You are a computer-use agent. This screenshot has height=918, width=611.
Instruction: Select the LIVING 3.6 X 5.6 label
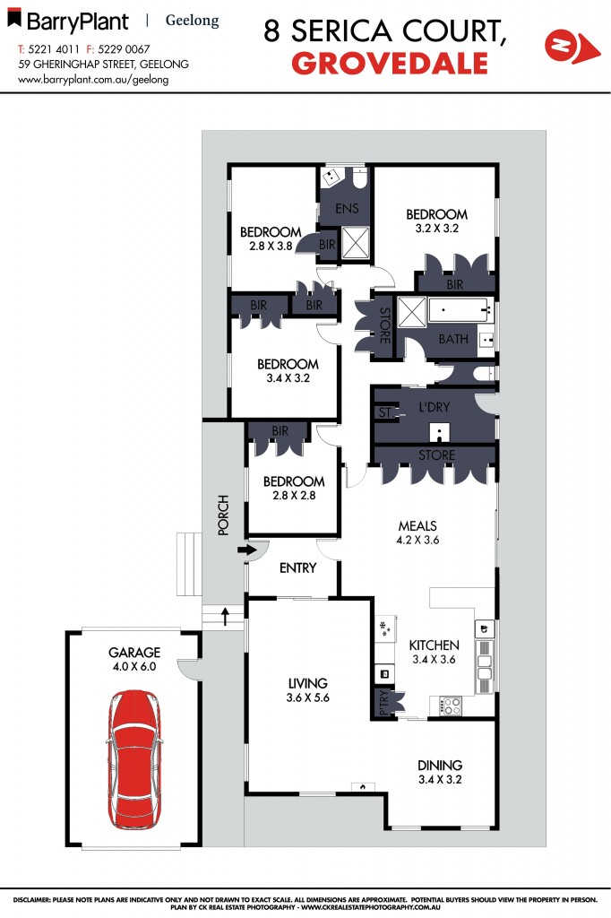pos(307,690)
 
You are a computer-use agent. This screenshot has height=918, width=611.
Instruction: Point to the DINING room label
pos(440,772)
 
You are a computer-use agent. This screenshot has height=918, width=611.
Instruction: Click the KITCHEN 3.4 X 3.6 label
pos(434,652)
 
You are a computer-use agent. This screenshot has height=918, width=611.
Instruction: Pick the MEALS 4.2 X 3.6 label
pos(417,532)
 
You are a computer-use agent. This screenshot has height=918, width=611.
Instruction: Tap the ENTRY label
pos(297,567)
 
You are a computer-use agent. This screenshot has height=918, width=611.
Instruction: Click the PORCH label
pos(224,515)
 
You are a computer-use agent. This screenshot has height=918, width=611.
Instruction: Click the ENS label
pos(347,209)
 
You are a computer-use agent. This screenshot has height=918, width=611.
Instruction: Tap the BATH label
pos(452,340)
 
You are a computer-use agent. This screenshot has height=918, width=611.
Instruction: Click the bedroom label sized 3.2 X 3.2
pos(436,221)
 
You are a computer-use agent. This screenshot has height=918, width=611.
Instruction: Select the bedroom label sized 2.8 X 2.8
pos(293,487)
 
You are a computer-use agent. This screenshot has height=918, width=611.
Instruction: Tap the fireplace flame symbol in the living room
pos(363,786)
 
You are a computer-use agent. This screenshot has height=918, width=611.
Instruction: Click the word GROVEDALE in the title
pos(391,64)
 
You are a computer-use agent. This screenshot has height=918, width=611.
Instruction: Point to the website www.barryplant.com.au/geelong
pos(93,79)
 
